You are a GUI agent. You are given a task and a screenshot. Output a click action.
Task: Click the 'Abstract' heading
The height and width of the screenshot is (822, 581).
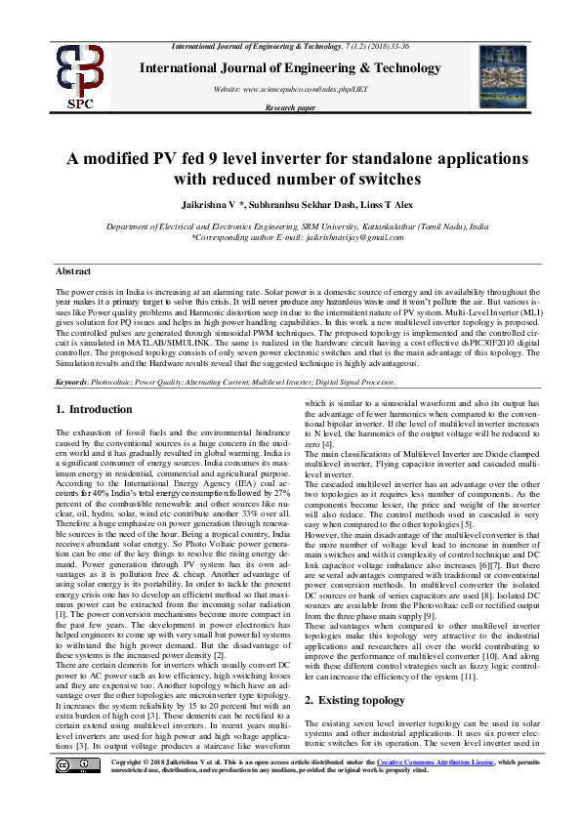(73, 270)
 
